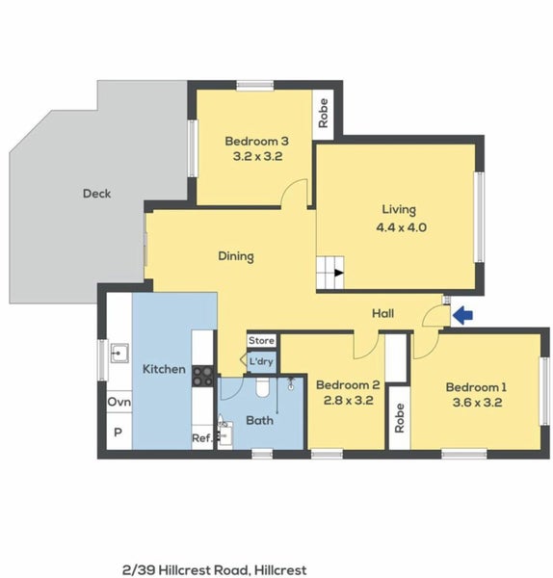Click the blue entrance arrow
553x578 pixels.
click(464, 314)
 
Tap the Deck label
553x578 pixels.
click(96, 194)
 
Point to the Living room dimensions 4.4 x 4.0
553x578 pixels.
click(398, 227)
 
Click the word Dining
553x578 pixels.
click(235, 256)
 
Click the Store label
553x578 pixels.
click(261, 341)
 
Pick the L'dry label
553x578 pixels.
click(261, 362)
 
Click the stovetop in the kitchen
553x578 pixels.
click(203, 376)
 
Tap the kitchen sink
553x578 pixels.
click(120, 352)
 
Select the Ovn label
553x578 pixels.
click(118, 402)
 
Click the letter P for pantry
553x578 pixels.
click(118, 433)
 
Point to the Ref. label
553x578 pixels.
click(202, 438)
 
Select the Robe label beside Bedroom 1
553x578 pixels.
click(397, 417)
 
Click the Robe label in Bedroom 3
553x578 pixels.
click(324, 114)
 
